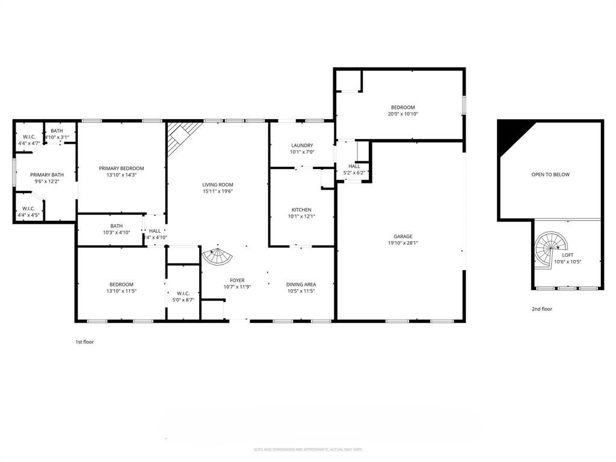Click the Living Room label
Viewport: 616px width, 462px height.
pyautogui.click(x=217, y=185)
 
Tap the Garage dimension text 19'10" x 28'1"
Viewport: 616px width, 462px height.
pyautogui.click(x=403, y=244)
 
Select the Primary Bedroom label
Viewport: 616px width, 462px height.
pyautogui.click(x=122, y=168)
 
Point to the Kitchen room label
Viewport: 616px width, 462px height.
pyautogui.click(x=301, y=210)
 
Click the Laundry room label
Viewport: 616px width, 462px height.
pyautogui.click(x=301, y=146)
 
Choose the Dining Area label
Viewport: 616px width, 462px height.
pyautogui.click(x=301, y=285)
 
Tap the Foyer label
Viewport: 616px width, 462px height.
pyautogui.click(x=237, y=280)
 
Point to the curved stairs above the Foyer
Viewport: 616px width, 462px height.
pyautogui.click(x=217, y=257)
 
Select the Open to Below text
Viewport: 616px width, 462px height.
pyautogui.click(x=550, y=174)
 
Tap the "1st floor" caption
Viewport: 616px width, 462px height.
pyautogui.click(x=84, y=342)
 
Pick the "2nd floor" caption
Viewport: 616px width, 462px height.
pyautogui.click(x=541, y=309)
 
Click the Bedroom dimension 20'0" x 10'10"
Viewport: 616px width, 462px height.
pyautogui.click(x=402, y=114)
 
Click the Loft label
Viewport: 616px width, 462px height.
pyautogui.click(x=568, y=255)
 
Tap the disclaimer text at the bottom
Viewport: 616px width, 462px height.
pyautogui.click(x=307, y=449)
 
